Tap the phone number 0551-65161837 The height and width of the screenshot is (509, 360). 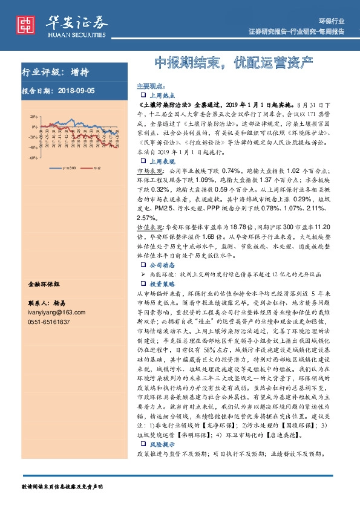49,322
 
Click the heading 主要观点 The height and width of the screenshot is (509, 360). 150,86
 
